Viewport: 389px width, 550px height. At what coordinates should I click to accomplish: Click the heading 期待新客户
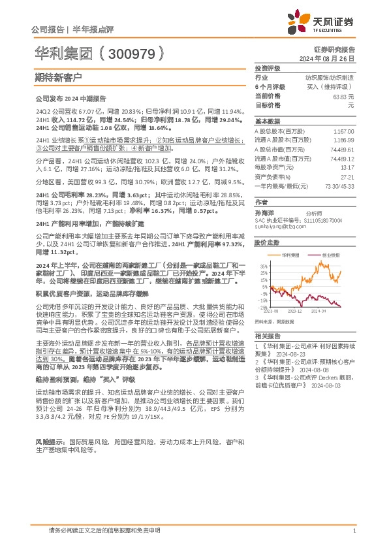point(58,76)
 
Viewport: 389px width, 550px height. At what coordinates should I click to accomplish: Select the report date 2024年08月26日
point(334,59)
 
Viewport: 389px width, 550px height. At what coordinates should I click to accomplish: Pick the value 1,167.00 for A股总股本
point(345,131)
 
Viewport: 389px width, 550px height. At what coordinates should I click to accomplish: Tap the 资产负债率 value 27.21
point(349,176)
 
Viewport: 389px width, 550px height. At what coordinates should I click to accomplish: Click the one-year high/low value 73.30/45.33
point(340,186)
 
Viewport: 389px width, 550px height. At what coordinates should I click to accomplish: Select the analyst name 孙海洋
point(264,214)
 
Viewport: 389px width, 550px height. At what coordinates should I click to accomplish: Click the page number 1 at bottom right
point(353,531)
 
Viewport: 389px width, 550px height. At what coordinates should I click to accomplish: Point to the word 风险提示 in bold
point(46,423)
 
